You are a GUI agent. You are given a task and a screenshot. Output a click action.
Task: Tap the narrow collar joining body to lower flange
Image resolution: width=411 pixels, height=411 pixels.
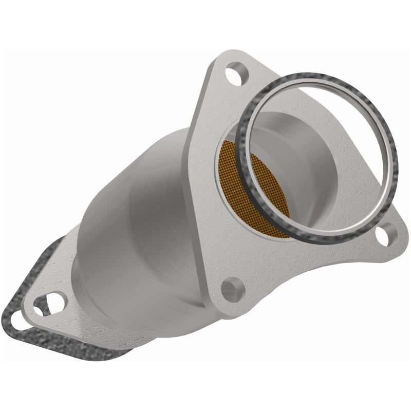(x=82, y=267)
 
